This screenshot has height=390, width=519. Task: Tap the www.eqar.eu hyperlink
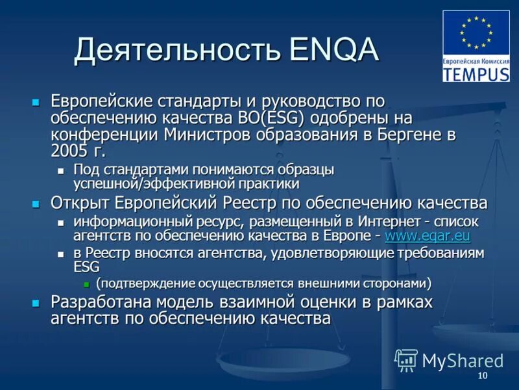[428, 235]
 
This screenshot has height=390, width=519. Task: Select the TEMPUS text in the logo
[476, 73]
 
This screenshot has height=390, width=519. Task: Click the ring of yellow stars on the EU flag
[476, 32]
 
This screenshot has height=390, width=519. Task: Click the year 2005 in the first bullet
[67, 151]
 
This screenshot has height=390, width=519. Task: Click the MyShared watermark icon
[406, 359]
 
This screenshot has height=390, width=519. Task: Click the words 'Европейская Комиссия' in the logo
[476, 60]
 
